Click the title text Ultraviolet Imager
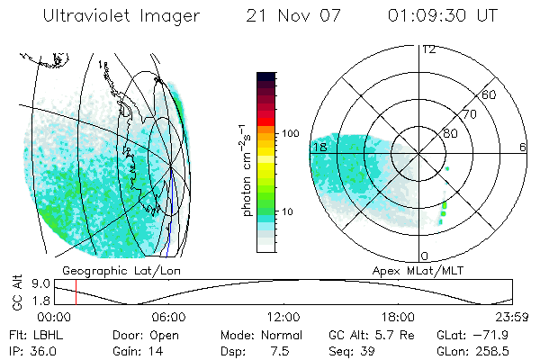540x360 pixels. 121,17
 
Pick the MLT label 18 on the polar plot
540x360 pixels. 319,146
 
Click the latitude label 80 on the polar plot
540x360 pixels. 450,133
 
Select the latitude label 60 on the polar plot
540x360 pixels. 489,94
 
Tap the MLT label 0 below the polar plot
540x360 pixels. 424,256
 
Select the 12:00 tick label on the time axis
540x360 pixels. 283,317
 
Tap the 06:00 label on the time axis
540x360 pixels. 168,317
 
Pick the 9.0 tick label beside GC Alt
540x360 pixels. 38,283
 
